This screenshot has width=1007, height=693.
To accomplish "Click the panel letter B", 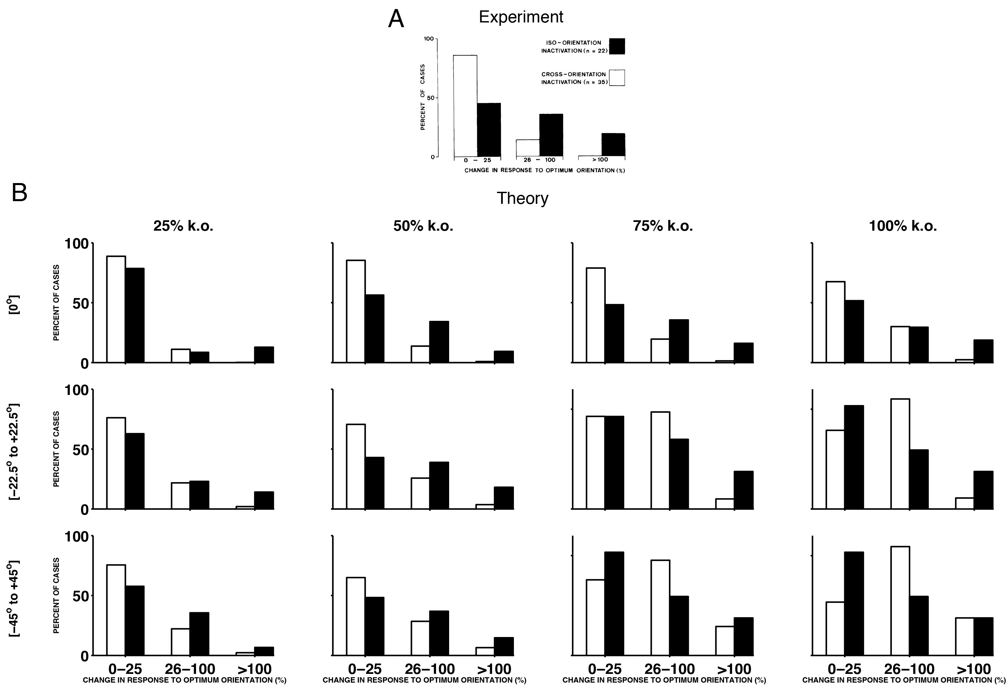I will tap(19, 193).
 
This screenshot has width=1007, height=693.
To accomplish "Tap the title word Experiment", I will tap(521, 17).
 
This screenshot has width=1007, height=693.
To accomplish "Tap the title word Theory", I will tap(522, 198).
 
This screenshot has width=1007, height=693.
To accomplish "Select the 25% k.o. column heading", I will tap(183, 226).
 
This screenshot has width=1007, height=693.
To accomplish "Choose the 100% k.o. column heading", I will tap(903, 226).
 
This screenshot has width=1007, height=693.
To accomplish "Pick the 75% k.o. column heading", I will tap(663, 226).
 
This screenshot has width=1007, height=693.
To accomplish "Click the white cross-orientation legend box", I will tap(617, 78).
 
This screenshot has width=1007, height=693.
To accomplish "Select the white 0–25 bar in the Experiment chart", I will tap(465, 106).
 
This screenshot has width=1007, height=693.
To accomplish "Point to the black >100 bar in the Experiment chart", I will tap(613, 145).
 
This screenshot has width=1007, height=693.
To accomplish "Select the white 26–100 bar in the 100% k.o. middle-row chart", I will tap(900, 454).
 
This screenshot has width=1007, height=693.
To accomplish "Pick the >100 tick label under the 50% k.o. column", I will tap(494, 669).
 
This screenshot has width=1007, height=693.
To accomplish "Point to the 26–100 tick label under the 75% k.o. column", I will tap(669, 669).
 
